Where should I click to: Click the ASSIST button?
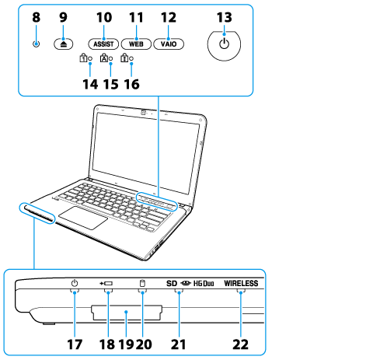point(103,44)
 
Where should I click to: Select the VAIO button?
point(169,44)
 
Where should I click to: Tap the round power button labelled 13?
point(224,45)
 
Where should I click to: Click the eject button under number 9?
point(64,44)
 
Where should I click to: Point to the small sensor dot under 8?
point(37,44)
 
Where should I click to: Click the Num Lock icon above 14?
point(83,58)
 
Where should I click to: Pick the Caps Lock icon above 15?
point(104,58)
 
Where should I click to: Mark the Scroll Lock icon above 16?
point(124,58)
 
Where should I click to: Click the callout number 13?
point(225,18)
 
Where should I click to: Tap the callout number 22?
point(240,344)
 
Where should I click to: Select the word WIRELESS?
point(241,283)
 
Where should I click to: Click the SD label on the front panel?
point(172,284)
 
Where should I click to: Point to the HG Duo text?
point(204,284)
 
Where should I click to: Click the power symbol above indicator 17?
point(75,283)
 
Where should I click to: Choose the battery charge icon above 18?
point(106,284)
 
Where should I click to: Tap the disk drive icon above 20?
point(142,283)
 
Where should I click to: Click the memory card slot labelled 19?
point(127,313)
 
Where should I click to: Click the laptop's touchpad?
point(83,218)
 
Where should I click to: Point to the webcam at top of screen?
point(143,112)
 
